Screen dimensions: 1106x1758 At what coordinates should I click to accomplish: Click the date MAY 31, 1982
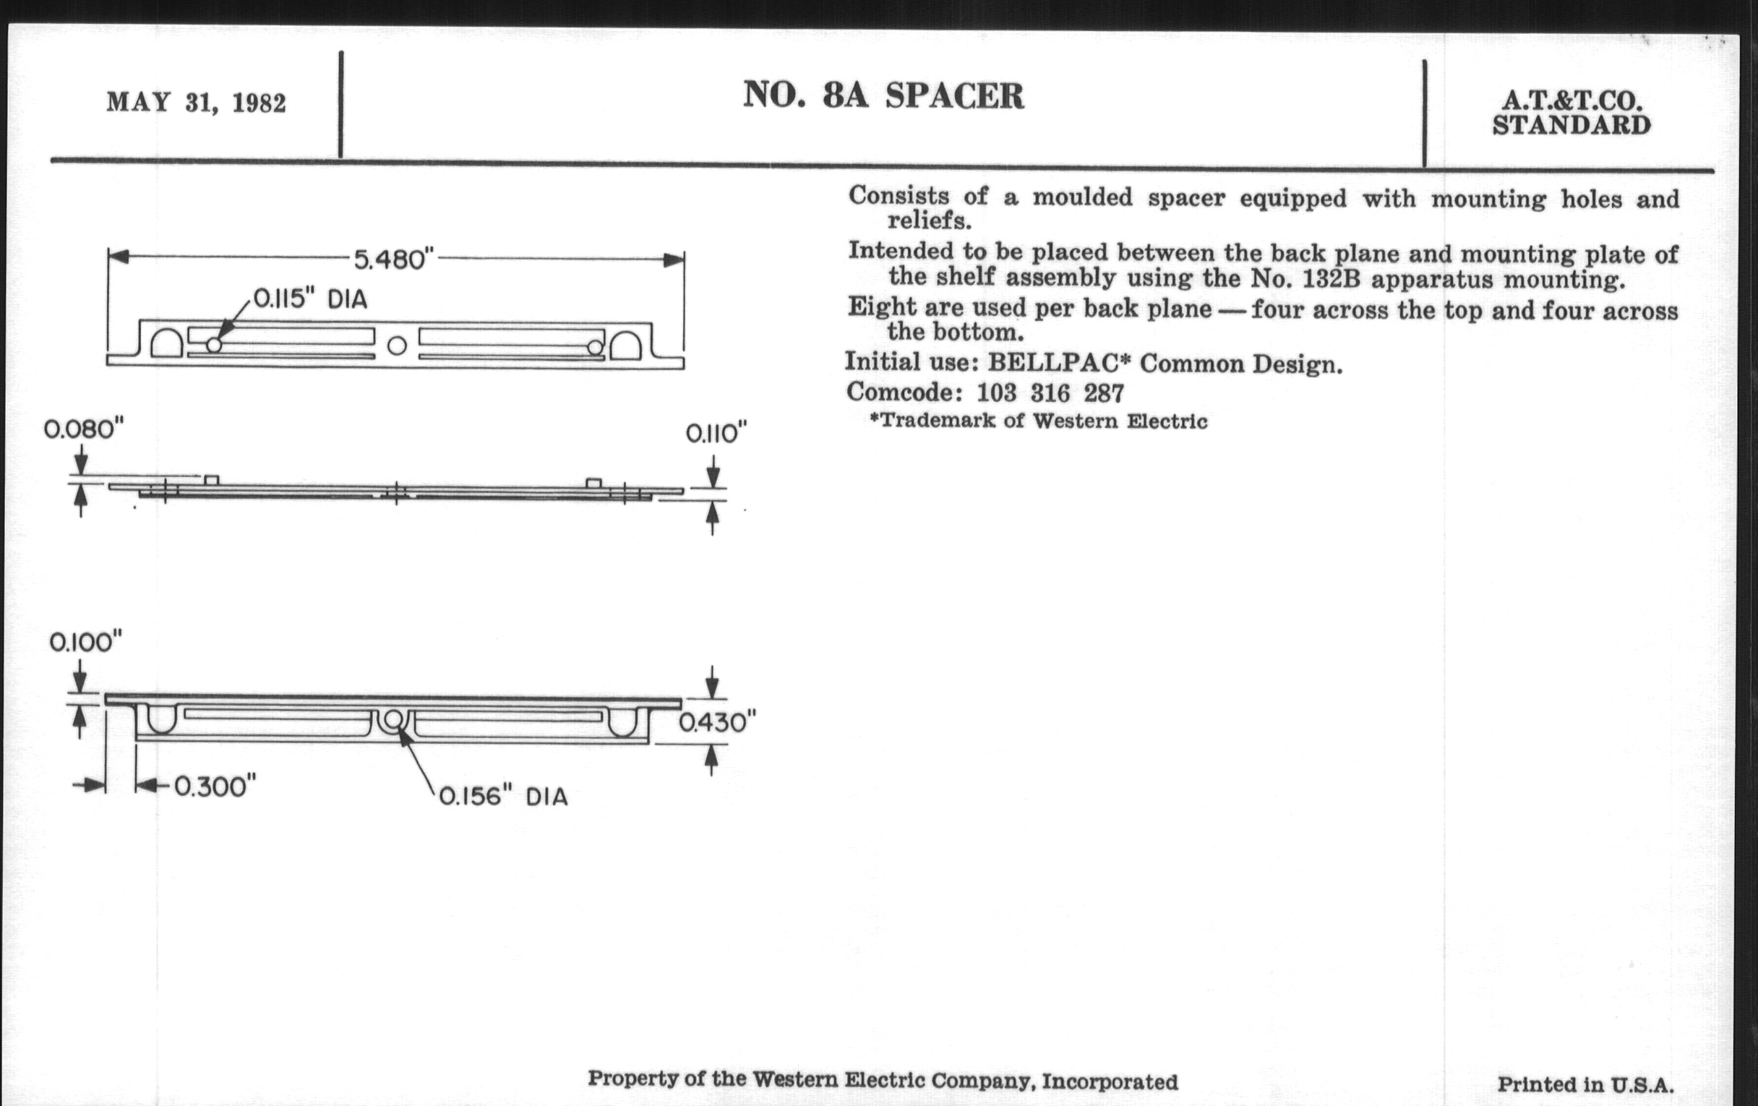click(x=197, y=102)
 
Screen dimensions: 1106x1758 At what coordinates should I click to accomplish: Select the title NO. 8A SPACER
click(x=883, y=95)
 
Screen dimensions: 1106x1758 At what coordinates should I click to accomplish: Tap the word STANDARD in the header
click(x=1571, y=126)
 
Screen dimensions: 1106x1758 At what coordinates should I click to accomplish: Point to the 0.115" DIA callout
click(x=309, y=299)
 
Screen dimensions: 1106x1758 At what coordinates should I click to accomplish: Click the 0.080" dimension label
click(x=84, y=429)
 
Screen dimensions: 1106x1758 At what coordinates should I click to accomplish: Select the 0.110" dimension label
click(x=716, y=434)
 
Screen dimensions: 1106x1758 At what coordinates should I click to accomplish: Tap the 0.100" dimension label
click(x=85, y=643)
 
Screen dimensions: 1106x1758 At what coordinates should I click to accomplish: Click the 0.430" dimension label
click(x=717, y=723)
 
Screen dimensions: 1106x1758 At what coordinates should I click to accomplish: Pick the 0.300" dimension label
click(x=215, y=787)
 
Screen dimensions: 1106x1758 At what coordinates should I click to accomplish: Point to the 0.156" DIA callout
click(x=503, y=797)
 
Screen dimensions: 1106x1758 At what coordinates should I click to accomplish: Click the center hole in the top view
click(x=396, y=346)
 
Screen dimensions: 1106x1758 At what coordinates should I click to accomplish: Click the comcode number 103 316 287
click(x=1050, y=393)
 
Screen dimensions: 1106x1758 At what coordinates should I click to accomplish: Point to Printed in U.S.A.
click(x=1585, y=1085)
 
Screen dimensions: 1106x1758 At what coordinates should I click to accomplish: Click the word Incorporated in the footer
click(x=1110, y=1081)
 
